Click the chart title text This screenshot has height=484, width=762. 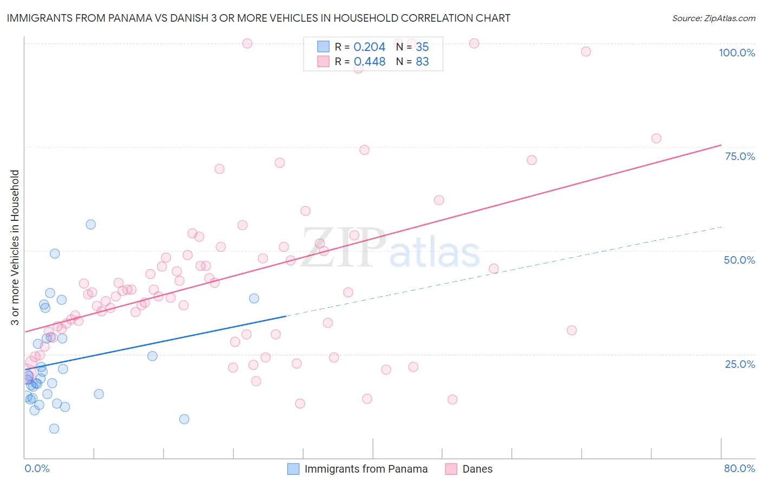click(x=259, y=18)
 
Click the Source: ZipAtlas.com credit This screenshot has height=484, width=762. click(x=713, y=18)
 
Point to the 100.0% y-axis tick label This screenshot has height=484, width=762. click(x=737, y=53)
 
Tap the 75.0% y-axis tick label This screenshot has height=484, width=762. click(x=740, y=156)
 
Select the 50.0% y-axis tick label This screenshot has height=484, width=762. click(x=739, y=260)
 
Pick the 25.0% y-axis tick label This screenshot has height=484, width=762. click(x=740, y=364)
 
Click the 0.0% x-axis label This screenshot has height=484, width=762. click(x=37, y=468)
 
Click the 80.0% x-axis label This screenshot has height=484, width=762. click(x=739, y=468)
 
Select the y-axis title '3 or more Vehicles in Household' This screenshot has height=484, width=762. click(x=15, y=247)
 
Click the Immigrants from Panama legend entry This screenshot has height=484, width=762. click(x=358, y=469)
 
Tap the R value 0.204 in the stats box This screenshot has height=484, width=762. click(x=369, y=47)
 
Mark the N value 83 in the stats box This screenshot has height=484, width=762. click(x=422, y=62)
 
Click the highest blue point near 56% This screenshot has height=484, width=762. click(x=91, y=225)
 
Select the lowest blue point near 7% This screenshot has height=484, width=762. click(x=54, y=429)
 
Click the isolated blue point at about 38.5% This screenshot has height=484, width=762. click(x=254, y=298)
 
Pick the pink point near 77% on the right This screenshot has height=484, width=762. click(x=656, y=138)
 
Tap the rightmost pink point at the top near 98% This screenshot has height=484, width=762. click(x=586, y=52)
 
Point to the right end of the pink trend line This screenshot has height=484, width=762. click(x=721, y=145)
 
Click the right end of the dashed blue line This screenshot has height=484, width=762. click(x=721, y=227)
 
